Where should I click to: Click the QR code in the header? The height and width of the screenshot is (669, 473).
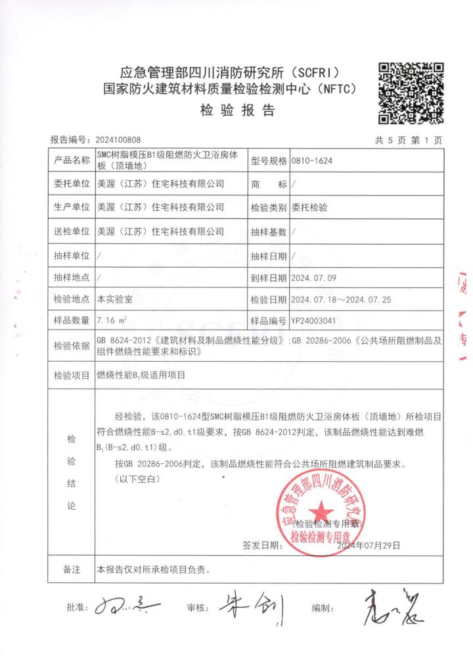point(412,93)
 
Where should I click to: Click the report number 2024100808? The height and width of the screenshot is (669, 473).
point(118,140)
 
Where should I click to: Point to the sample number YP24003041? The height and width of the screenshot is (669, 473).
point(317,321)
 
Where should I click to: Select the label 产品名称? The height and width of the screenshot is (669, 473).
point(71,161)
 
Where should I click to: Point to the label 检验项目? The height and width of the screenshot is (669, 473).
point(71,376)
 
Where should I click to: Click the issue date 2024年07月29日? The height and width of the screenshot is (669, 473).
point(368,545)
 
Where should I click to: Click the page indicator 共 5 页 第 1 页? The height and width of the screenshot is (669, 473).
point(408,140)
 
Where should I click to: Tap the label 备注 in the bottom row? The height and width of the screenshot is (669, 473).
point(71,569)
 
